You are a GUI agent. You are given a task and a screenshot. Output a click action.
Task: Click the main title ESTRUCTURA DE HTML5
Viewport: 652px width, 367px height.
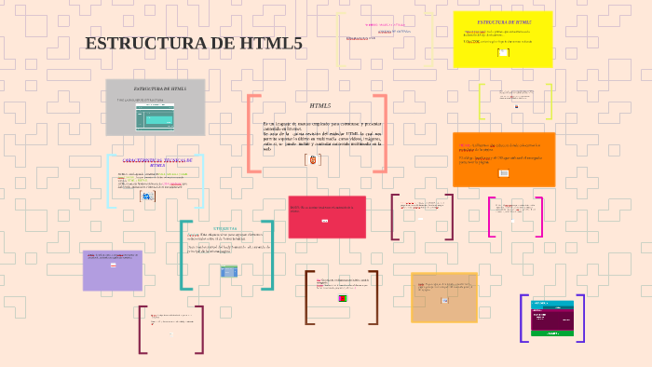coord(194,44)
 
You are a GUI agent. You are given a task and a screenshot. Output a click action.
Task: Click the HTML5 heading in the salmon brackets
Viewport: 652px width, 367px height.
coord(319,106)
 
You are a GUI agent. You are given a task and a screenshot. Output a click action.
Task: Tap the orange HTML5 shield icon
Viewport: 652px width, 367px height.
coord(313,160)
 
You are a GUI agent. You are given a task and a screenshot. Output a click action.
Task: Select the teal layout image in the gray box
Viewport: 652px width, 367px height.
coord(155,116)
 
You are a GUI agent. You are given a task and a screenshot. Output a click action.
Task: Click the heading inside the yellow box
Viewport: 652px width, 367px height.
coord(504,21)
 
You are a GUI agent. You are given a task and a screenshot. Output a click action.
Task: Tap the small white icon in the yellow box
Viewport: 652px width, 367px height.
coord(503,53)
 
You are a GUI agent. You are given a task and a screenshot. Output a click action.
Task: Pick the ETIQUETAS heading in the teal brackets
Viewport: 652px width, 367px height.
coord(224,227)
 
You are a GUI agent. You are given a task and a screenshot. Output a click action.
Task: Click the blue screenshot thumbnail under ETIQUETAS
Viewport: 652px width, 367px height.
coord(229,271)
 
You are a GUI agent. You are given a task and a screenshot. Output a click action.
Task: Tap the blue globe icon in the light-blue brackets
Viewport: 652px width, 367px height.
coord(146,197)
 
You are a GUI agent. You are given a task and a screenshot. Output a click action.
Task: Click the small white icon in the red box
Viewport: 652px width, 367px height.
coord(324,222)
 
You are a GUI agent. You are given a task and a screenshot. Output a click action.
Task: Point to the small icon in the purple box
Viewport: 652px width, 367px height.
coord(113,265)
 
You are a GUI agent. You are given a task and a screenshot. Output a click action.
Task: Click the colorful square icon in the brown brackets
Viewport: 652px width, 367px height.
coord(342,299)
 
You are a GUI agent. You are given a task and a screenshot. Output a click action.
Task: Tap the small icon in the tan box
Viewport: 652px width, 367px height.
coord(444,300)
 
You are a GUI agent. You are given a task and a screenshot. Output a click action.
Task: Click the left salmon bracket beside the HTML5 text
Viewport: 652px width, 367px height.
coord(252,133)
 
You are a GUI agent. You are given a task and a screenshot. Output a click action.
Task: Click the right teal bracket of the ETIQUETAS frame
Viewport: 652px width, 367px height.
coord(269,254)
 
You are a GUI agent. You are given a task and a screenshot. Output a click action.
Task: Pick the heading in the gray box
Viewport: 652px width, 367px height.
coord(159,88)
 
